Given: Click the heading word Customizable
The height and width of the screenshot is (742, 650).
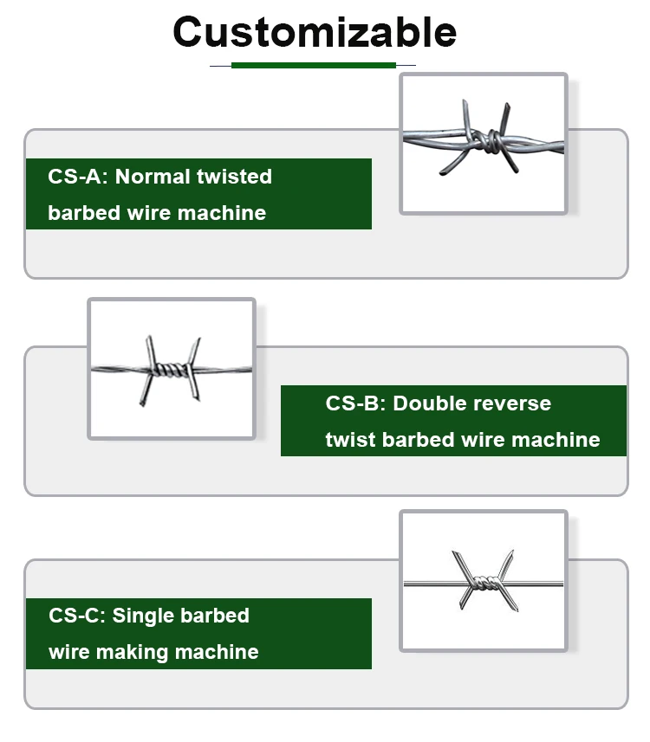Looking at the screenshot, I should coord(315,32).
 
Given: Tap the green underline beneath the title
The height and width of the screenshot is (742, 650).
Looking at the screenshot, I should coord(313,65).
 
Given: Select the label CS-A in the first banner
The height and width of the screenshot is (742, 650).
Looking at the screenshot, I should coord(78,177).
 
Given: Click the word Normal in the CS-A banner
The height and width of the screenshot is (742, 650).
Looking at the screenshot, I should coord(153,177).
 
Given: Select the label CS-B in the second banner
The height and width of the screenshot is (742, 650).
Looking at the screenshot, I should coord(355,403).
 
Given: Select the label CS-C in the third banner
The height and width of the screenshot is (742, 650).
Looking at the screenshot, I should coord(77,616).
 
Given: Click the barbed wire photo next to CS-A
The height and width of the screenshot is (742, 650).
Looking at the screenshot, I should coord(483,144).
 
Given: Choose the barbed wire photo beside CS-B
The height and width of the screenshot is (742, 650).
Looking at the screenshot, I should coord(172,369).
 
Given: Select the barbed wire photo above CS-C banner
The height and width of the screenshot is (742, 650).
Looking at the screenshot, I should coord(483,580).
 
